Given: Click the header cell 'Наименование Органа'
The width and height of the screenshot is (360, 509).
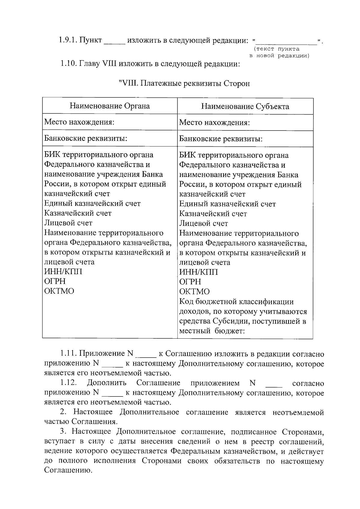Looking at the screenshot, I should [109, 106].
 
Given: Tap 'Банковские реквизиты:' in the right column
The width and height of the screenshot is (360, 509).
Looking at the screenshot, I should [221, 139].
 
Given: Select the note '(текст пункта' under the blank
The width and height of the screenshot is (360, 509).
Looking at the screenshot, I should [276, 49].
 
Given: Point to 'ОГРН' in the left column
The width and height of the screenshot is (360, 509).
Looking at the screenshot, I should [55, 281].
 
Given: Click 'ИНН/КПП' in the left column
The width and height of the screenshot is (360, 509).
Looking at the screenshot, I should [63, 271].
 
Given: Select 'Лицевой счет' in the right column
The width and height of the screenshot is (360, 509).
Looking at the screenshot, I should [203, 223].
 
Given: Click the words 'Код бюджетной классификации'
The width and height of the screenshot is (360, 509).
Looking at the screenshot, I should [236, 302].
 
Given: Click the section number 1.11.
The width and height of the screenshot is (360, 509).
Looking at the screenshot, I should [68, 354].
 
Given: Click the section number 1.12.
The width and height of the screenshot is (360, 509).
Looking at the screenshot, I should [69, 383].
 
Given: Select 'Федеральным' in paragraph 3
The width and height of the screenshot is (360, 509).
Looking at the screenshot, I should [195, 451].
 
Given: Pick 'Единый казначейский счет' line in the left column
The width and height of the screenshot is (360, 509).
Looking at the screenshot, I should [92, 203].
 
